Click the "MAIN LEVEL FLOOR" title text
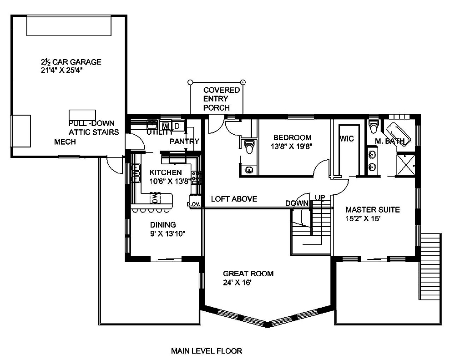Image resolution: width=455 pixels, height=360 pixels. click(206, 351)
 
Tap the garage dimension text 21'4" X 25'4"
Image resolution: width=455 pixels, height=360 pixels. click(63, 71)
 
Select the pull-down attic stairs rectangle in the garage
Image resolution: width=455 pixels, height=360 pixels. click(82, 115)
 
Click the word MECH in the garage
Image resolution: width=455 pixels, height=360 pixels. click(65, 142)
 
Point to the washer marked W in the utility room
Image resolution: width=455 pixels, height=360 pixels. click(166, 125)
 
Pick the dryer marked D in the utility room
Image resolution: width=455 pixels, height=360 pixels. click(177, 125)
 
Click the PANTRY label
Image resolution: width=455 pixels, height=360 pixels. click(184, 142)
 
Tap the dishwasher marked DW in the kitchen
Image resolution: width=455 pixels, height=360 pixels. click(155, 198)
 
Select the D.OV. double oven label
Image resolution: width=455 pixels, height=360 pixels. click(195, 204)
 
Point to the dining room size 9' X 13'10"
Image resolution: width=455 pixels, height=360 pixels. click(162, 234)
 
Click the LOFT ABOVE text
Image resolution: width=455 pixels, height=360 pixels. click(234, 199)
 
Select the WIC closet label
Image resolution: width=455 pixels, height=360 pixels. click(346, 139)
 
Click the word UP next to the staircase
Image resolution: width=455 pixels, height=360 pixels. click(320, 197)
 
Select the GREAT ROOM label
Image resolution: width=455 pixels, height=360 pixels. click(248, 274)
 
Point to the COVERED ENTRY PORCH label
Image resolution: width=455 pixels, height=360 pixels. click(216, 99)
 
